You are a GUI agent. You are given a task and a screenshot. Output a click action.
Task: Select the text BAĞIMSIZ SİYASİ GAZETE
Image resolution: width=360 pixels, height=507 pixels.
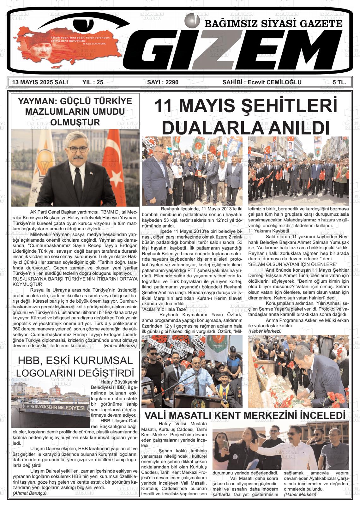273,24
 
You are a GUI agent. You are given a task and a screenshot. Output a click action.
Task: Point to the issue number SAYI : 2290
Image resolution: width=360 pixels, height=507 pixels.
163,82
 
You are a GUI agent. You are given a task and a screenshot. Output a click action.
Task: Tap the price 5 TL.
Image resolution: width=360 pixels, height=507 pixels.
339,82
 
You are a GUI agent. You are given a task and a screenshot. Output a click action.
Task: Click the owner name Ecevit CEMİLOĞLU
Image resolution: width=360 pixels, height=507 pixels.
274,82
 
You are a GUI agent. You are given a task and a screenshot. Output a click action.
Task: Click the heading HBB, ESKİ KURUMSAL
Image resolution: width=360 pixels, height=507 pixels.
75,360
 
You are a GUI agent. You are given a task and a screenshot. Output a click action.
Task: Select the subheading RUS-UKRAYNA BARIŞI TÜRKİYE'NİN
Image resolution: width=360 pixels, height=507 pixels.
75,279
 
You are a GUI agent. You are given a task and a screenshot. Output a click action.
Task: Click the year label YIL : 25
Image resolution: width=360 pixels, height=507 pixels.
93,82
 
